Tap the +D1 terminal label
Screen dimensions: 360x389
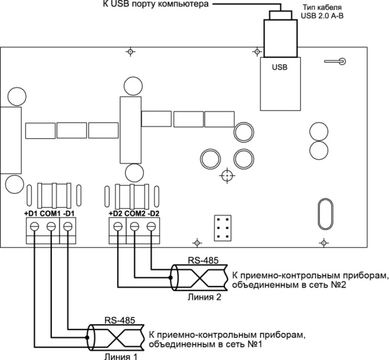coord(31,213)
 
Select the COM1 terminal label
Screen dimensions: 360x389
coord(50,213)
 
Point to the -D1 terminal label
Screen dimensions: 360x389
coord(69,213)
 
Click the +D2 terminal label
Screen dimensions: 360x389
coord(114,213)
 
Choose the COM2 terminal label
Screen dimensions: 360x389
coord(134,213)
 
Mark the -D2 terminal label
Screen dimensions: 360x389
coord(154,213)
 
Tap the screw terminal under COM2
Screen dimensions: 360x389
coord(134,226)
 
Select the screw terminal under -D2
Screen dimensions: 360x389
coord(151,226)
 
